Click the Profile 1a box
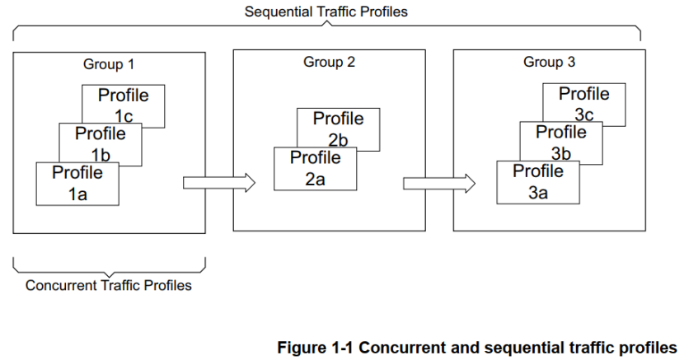[77, 184]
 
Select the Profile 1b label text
[101, 143]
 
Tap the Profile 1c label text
[124, 105]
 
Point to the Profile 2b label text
[338, 129]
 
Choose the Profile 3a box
[537, 182]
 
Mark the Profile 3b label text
[561, 142]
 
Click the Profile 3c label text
[584, 105]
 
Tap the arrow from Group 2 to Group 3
[439, 183]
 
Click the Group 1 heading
[108, 64]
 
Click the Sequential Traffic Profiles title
[326, 12]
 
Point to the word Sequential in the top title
[275, 12]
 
